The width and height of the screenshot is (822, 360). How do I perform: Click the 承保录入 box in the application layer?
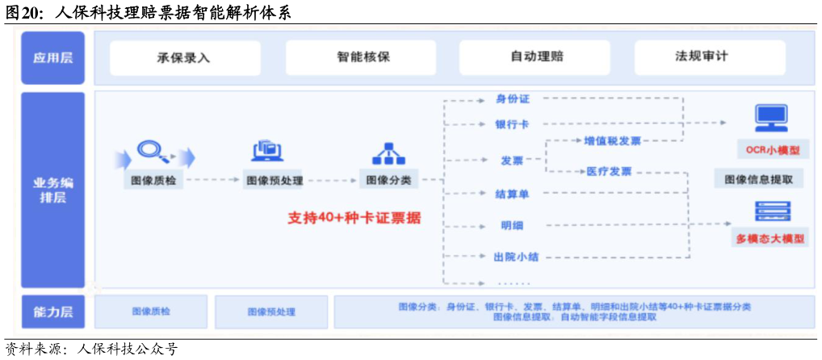point(185,58)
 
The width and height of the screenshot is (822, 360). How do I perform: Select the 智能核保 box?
point(361,58)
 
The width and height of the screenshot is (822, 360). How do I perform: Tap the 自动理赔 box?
point(536,57)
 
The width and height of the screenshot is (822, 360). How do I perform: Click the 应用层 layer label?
point(52,58)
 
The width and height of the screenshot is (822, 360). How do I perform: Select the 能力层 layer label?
point(52,312)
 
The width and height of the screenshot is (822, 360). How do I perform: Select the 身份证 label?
point(513,99)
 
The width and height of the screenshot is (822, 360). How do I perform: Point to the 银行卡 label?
point(513,124)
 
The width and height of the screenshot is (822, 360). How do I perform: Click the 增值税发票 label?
point(612,141)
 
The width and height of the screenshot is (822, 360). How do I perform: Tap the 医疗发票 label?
point(609,171)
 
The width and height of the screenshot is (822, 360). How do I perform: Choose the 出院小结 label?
point(516,257)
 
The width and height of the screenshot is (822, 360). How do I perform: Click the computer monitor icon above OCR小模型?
point(771,119)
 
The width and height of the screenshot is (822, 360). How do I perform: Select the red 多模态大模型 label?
point(770,239)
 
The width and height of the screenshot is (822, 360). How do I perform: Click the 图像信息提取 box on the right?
point(758,179)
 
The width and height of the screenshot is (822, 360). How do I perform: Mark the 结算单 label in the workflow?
point(512,194)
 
